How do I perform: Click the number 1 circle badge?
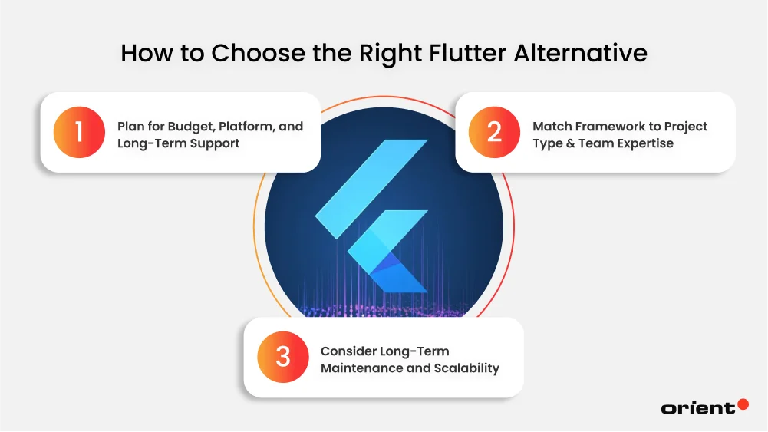78,132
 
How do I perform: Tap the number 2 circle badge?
494,132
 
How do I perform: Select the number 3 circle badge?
283,357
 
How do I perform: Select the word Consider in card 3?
348,351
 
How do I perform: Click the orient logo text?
697,408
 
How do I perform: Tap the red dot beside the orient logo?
742,404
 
